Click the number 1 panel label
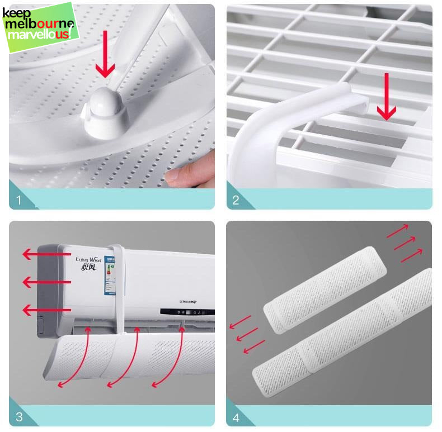point(19,200)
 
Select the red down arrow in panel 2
point(385,96)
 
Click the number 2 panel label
point(236,200)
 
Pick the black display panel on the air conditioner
point(187,312)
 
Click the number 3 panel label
point(19,416)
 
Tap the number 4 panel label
point(236,416)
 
